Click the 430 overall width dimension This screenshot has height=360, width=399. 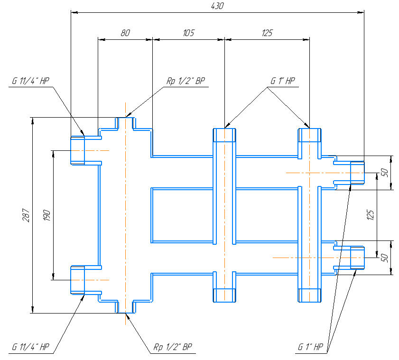(216, 6)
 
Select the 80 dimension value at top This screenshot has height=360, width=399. (125, 33)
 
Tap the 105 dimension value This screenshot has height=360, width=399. (188, 33)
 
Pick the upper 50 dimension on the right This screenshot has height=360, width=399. (385, 173)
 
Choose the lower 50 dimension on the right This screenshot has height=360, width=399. (385, 258)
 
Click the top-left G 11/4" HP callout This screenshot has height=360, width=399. (31, 81)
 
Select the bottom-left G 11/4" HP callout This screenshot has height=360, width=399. (31, 347)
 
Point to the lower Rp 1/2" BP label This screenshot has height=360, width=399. (173, 347)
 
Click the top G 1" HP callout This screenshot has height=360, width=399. (283, 81)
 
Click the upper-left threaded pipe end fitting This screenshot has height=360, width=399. (77, 150)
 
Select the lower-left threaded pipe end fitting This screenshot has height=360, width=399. (77, 280)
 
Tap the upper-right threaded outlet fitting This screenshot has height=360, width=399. (357, 173)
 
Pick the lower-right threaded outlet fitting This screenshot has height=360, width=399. (357, 258)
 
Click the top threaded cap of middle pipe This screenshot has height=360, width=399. (224, 135)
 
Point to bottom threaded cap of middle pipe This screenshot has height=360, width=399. (224, 295)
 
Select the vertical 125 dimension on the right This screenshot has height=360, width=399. (371, 215)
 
